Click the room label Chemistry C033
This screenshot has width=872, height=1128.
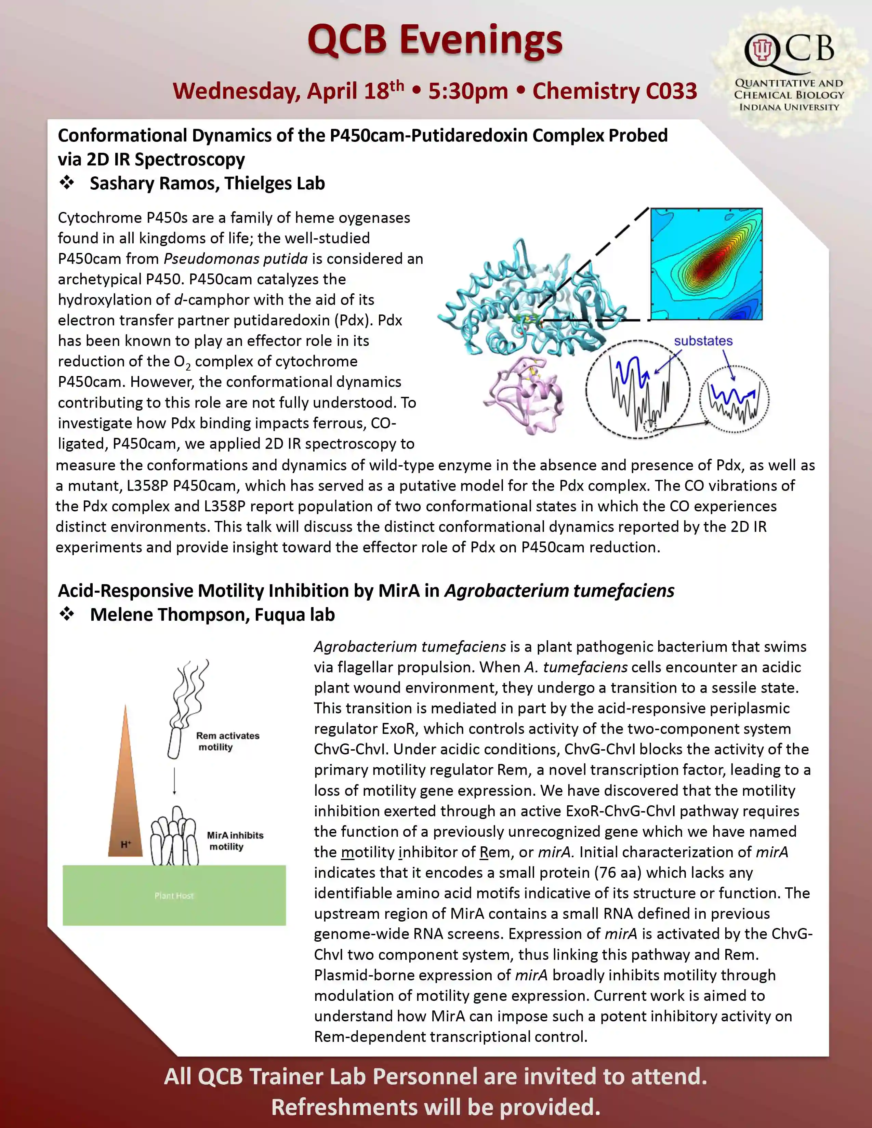click(615, 91)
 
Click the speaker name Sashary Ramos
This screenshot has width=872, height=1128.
click(155, 183)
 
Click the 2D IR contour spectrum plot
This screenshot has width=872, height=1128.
click(706, 264)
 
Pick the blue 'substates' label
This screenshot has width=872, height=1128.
click(703, 341)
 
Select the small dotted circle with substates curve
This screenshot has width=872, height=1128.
click(734, 398)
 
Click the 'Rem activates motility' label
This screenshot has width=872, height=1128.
click(227, 741)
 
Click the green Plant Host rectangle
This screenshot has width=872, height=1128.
click(174, 895)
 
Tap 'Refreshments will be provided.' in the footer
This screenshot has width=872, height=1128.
click(435, 1107)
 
